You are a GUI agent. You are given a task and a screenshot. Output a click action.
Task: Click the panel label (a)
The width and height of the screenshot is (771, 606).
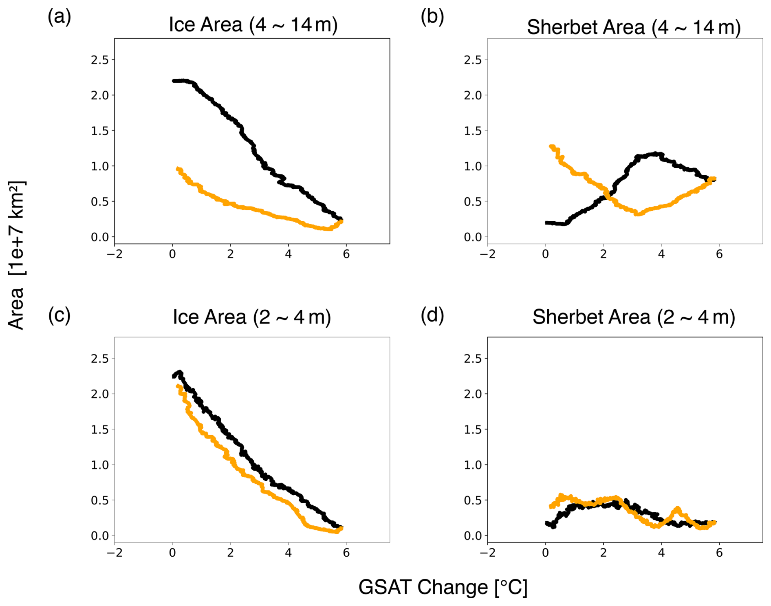tap(59, 17)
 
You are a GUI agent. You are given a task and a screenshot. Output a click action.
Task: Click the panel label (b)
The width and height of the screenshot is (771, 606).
tap(432, 17)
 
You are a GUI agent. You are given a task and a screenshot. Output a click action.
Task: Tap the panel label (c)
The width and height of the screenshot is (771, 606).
tap(59, 315)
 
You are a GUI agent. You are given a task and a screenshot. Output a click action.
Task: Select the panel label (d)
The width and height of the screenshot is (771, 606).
tap(432, 315)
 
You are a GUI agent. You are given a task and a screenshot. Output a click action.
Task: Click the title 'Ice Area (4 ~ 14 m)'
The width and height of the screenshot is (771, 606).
tap(253, 25)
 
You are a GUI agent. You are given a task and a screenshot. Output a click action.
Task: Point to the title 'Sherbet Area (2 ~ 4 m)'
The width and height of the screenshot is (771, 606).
tap(634, 317)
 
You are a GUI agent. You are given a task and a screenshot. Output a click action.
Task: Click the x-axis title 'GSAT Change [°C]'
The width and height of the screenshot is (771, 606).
tap(443, 587)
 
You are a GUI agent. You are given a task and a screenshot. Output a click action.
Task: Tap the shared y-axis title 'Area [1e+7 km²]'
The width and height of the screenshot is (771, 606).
tap(17, 255)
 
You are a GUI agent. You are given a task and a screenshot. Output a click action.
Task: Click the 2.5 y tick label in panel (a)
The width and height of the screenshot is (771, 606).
tap(100, 60)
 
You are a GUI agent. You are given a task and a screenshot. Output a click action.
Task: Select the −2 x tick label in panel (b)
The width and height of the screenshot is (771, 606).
tap(487, 255)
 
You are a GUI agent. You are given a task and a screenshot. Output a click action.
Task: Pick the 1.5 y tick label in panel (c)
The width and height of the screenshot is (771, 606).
tap(100, 430)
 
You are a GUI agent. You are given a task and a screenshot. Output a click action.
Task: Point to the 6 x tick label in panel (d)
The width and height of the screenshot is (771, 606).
tap(719, 553)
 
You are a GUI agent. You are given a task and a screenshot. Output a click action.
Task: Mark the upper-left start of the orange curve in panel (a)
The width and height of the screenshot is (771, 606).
tap(178, 168)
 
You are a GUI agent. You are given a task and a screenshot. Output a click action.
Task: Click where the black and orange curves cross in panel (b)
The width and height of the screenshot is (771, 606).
tap(608, 196)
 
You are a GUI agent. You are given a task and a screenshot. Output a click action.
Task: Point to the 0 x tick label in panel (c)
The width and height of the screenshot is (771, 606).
tap(172, 553)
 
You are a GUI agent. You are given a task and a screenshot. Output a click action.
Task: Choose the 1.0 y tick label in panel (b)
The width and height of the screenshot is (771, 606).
tap(473, 166)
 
